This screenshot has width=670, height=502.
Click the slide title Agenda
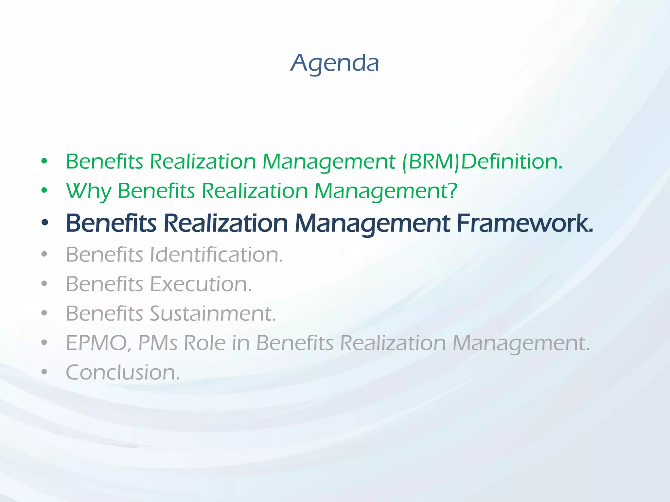(x=335, y=63)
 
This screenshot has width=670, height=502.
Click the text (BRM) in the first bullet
(x=431, y=162)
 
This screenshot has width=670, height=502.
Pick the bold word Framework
(x=524, y=223)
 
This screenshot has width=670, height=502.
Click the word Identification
(x=216, y=255)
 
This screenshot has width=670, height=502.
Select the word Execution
(x=201, y=284)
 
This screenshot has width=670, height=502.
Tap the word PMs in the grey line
(x=158, y=343)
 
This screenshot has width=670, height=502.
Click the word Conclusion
(x=123, y=373)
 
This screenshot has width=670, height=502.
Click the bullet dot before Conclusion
(x=44, y=372)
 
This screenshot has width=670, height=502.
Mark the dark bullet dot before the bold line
(x=44, y=223)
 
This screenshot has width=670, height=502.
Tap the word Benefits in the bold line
(x=111, y=223)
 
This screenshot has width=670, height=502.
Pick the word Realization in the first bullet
(x=203, y=162)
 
